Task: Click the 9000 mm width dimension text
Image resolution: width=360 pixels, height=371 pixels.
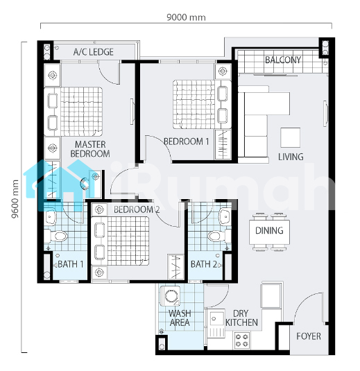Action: point(186,17)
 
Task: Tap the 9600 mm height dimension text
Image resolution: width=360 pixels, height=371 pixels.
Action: point(15,199)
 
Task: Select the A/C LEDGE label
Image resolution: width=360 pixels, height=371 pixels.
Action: point(94,52)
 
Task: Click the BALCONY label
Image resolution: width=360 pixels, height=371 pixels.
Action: point(283,60)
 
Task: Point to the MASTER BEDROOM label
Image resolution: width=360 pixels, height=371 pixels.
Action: point(90,149)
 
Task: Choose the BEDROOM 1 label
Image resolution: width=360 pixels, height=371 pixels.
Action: point(187,141)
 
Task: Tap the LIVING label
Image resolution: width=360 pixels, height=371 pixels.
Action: point(291,157)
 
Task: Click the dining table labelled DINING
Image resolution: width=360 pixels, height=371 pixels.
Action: point(269,232)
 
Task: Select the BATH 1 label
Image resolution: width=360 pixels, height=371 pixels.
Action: point(71,264)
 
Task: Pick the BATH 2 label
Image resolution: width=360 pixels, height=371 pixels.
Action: point(204,264)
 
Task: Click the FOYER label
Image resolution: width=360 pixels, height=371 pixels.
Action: point(309,336)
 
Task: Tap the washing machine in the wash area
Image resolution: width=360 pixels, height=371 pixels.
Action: point(170,295)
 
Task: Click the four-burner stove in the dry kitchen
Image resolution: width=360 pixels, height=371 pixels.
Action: point(242,340)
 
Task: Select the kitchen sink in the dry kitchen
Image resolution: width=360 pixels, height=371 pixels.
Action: point(217,324)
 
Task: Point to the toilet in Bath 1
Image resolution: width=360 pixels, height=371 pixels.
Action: point(56,236)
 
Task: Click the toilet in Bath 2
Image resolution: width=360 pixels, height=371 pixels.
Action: point(219,236)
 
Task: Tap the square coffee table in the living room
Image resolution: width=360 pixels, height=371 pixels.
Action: point(291,137)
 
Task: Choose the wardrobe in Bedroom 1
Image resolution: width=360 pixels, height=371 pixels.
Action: point(223,144)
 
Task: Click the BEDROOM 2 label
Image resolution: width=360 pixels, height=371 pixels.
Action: point(137,209)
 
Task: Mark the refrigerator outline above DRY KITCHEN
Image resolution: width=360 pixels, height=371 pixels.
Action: point(271,295)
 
